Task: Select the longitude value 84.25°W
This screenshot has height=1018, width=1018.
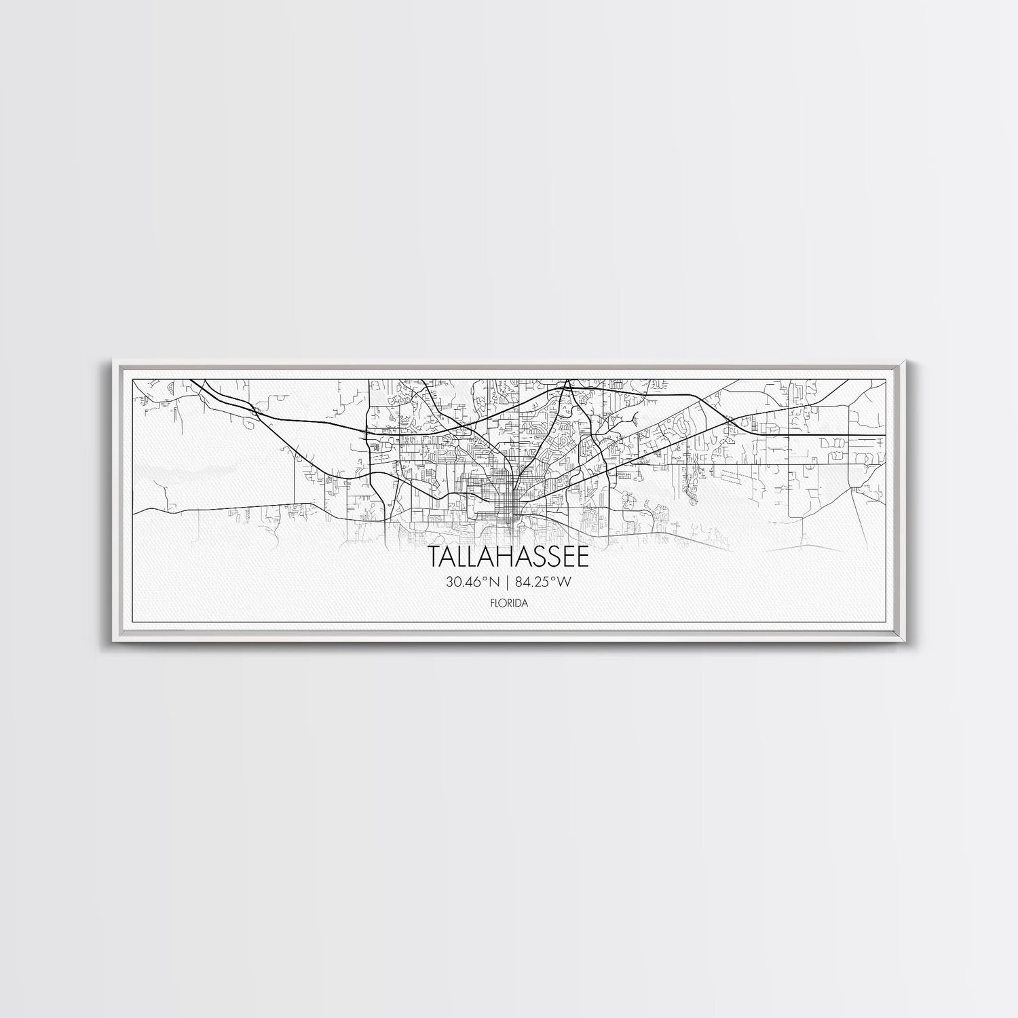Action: coord(544,582)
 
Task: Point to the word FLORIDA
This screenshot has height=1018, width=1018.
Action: coord(509,603)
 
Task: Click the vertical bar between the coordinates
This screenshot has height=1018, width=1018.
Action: coord(508,582)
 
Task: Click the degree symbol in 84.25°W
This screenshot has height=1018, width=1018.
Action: coord(554,578)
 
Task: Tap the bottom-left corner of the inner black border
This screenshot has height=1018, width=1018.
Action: coord(131,622)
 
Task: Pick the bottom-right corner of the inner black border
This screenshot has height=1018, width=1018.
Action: coord(887,622)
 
